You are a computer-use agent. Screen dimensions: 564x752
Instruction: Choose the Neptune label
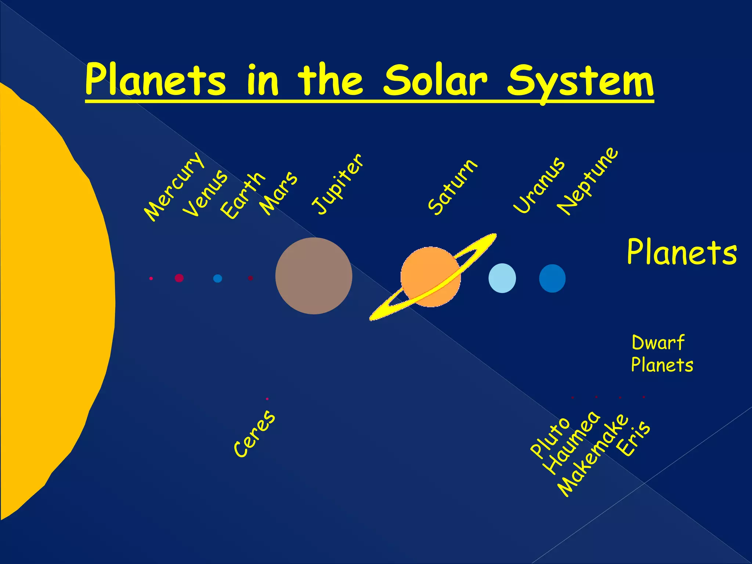click(588, 181)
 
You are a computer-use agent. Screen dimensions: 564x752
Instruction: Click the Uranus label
click(539, 185)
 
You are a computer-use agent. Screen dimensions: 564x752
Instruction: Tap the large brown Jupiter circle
click(314, 276)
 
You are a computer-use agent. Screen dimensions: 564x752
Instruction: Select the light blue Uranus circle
click(502, 278)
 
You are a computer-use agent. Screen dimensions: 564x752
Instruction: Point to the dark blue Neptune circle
click(552, 278)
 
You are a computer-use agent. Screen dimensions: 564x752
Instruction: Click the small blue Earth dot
click(217, 278)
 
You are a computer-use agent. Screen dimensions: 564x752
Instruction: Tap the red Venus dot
click(179, 278)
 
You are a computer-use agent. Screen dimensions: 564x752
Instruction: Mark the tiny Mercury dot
click(151, 279)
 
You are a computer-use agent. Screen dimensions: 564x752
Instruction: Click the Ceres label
click(254, 434)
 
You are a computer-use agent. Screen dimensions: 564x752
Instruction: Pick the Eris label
click(633, 438)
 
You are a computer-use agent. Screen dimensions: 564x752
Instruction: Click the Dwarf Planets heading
click(662, 354)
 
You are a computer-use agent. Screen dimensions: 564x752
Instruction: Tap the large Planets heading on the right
click(681, 252)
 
